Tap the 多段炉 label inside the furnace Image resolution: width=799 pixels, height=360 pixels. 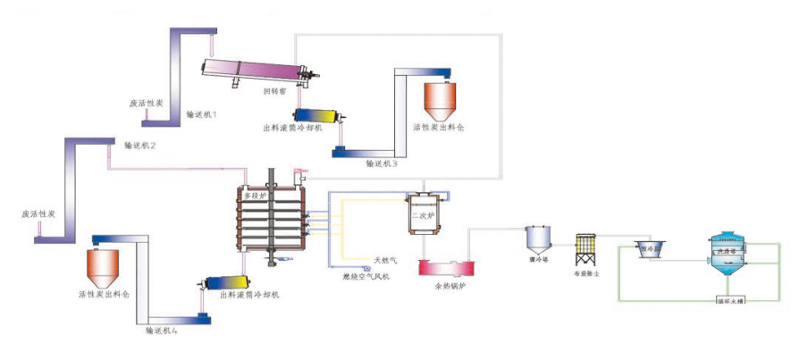point(256,194)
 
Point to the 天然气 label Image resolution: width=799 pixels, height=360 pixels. point(384,261)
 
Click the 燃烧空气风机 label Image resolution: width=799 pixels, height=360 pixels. point(366,277)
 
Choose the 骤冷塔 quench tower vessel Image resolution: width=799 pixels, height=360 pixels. point(537,237)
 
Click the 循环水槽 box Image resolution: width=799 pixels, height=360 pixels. point(730,300)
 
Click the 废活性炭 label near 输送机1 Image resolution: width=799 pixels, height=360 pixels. point(146,104)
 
